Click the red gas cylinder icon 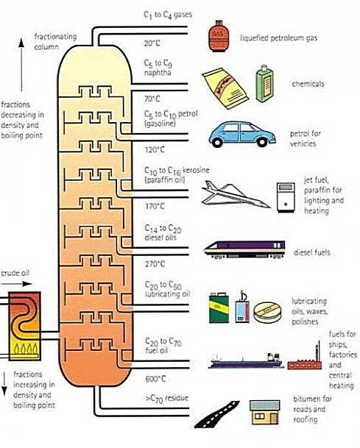219,36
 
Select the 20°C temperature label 152,43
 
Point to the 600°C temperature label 155,379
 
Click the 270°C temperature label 155,263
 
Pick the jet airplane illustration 236,194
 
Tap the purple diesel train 244,249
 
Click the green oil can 219,307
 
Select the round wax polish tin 267,313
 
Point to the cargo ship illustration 246,361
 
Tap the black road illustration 216,414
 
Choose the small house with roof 264,412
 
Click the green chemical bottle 264,84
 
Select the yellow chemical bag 225,88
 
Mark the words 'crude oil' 15,273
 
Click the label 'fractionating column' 55,42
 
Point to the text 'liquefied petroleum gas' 279,38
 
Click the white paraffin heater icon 286,197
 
